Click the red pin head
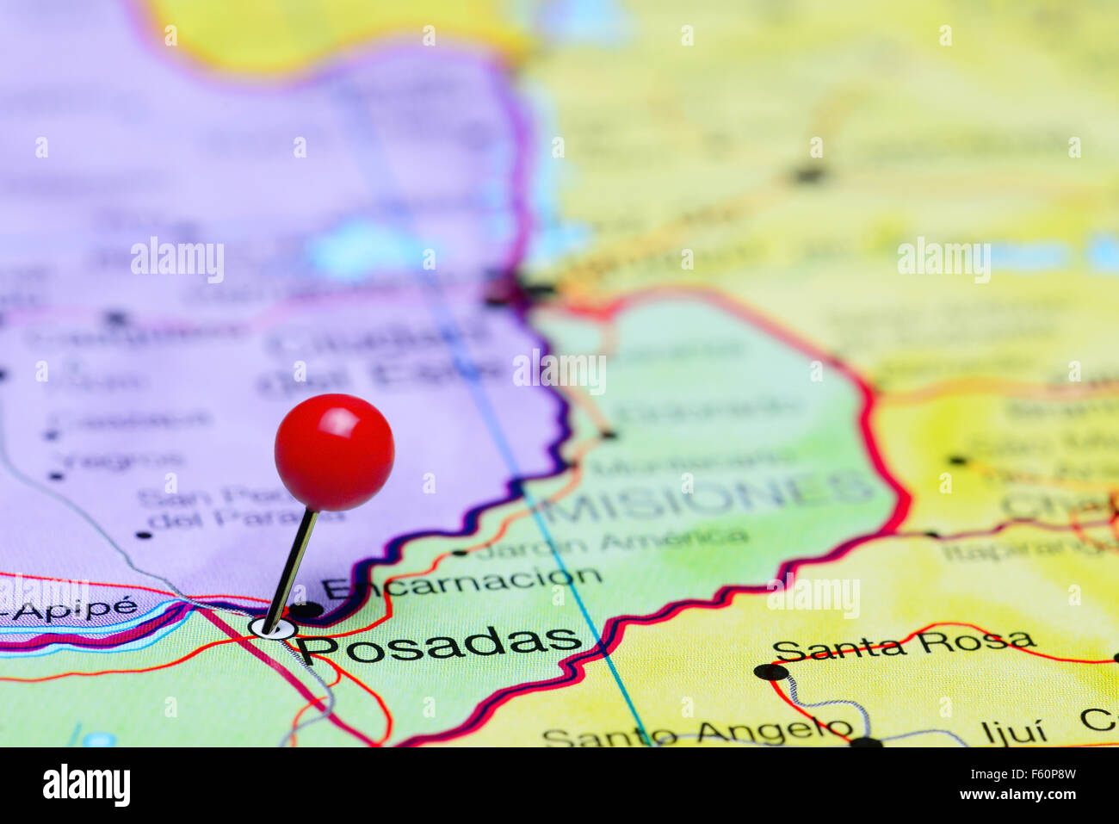[334, 451]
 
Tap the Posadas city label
[439, 644]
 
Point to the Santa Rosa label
[904, 644]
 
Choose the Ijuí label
[1013, 733]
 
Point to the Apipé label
[69, 608]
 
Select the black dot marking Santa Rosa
[770, 672]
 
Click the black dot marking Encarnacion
[306, 610]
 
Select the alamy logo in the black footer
[86, 785]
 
